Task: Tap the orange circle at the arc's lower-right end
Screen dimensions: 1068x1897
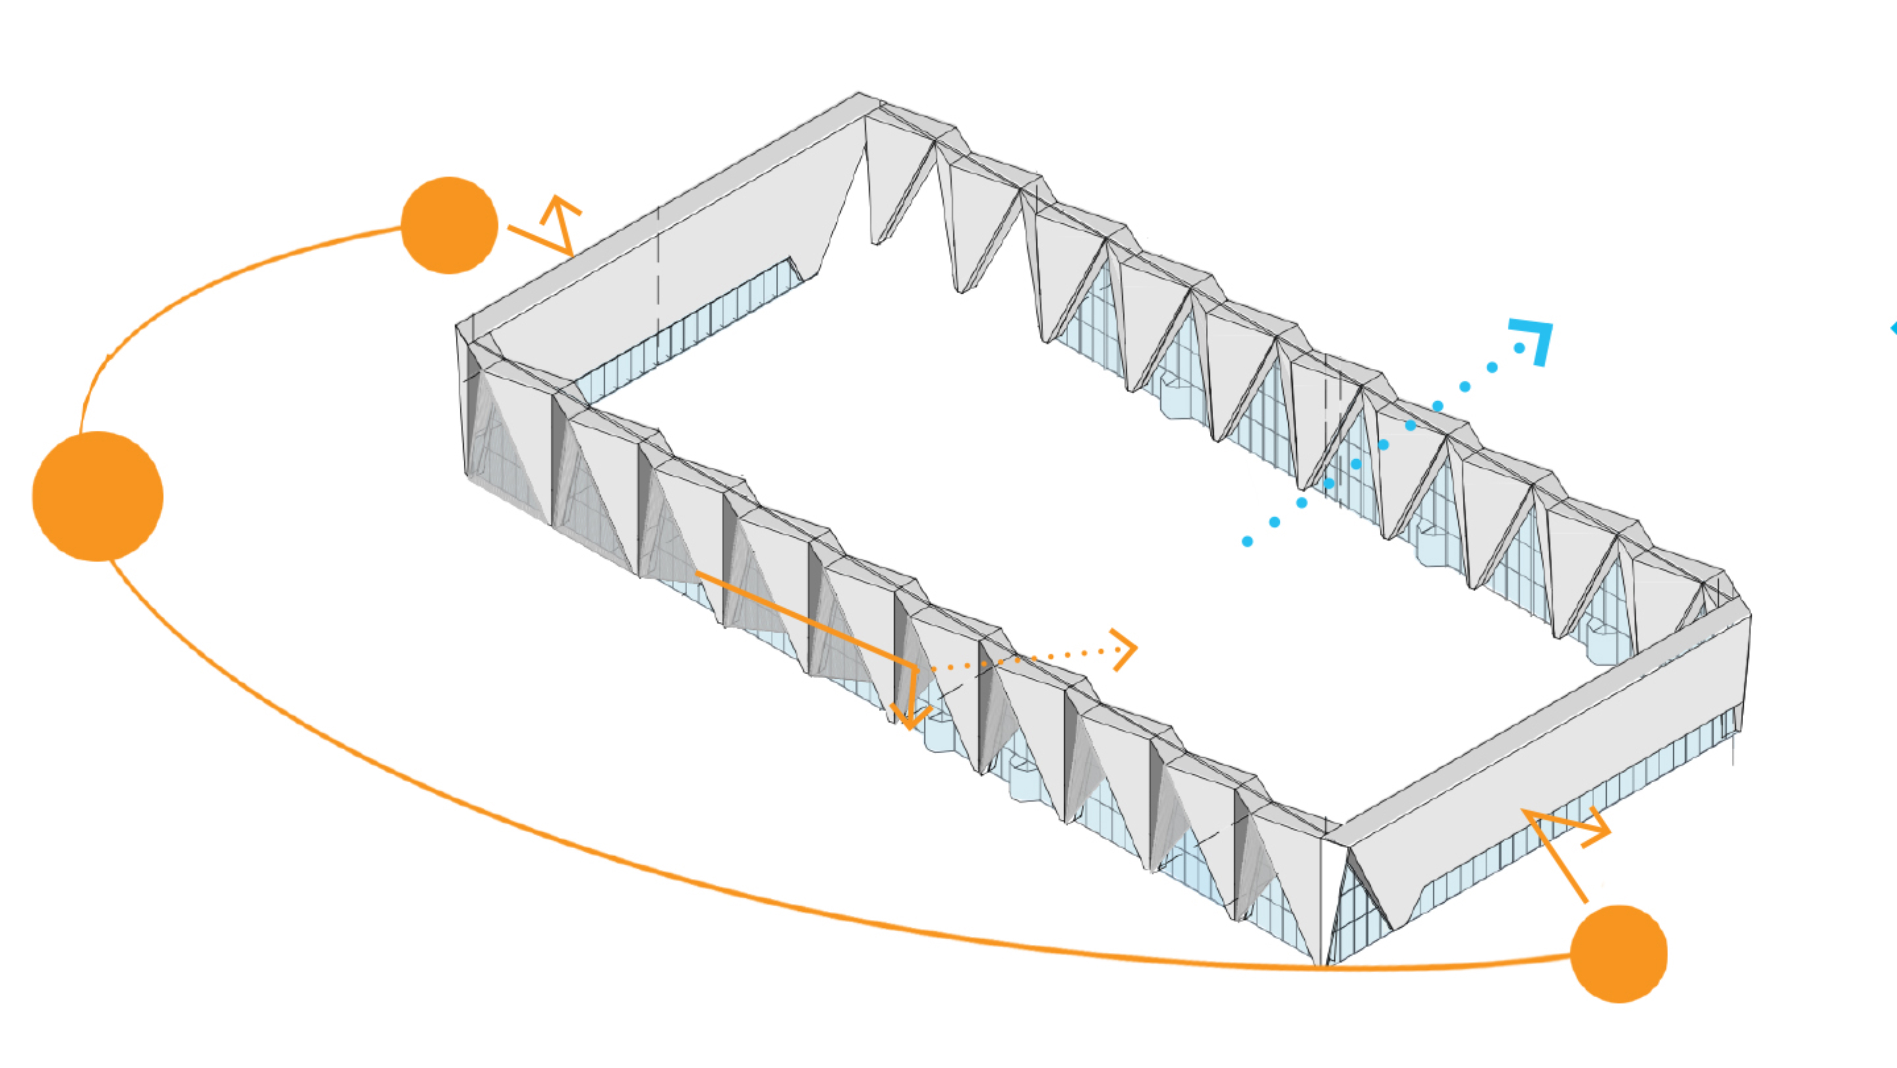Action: [x=1619, y=954]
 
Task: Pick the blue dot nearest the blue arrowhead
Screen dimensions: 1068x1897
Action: [x=1518, y=348]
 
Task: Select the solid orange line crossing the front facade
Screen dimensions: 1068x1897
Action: [x=803, y=619]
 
